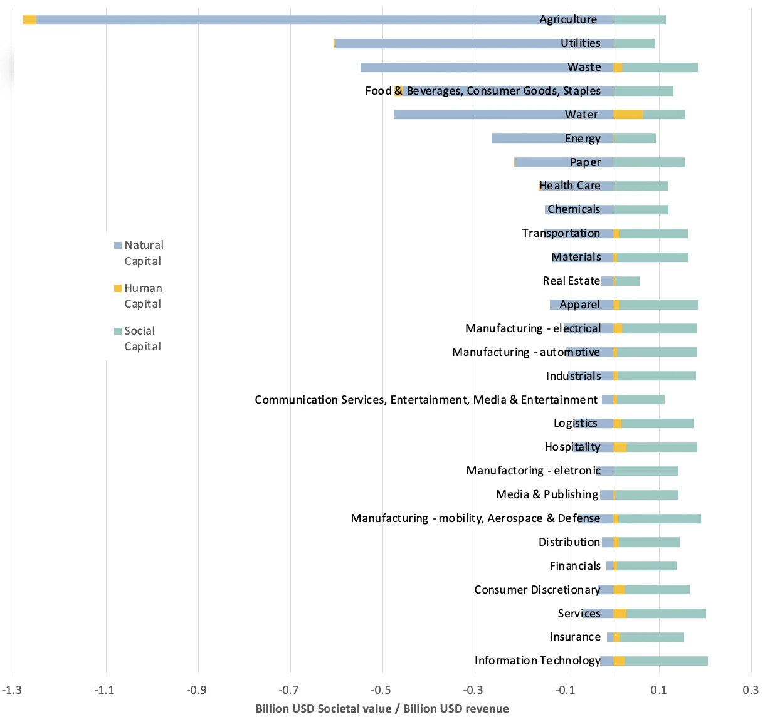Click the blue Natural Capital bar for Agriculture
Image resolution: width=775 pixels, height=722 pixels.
282,20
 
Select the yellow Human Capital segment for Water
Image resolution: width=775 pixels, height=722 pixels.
628,115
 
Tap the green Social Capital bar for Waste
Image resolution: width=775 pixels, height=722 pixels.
660,68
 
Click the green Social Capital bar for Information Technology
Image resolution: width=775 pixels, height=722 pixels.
666,661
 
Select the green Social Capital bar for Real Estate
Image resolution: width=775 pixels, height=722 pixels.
628,281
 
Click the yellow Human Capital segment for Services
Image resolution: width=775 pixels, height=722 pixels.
619,614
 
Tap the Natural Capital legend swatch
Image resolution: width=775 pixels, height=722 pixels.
118,246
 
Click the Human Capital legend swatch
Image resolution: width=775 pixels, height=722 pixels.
118,288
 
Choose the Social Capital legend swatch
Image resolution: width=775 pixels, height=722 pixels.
118,331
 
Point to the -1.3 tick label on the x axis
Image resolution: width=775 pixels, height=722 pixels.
12,690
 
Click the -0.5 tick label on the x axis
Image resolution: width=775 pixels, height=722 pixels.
381,690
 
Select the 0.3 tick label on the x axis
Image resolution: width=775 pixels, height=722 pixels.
751,690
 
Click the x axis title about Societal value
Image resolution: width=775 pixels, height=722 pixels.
382,709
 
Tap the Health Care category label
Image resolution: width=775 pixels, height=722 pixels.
570,186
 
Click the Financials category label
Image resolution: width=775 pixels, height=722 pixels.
575,566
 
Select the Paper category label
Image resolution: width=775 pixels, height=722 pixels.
586,162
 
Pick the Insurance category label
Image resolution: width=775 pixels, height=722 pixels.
575,637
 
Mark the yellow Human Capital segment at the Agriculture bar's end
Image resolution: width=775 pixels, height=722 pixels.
29,20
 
